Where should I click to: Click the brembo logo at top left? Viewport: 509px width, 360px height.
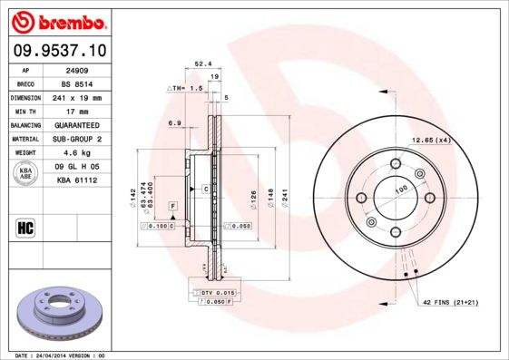pyautogui.click(x=57, y=21)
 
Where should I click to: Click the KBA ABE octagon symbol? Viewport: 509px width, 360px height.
pyautogui.click(x=27, y=174)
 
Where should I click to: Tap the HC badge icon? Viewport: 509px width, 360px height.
pyautogui.click(x=26, y=227)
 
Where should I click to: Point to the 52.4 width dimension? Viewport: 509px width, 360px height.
pyautogui.click(x=203, y=64)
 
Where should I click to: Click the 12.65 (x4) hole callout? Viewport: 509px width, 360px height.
pyautogui.click(x=431, y=140)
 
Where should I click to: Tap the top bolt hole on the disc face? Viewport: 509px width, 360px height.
pyautogui.click(x=396, y=163)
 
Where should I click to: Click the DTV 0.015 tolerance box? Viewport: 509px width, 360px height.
pyautogui.click(x=217, y=294)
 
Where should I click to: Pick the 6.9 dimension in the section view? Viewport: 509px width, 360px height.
pyautogui.click(x=174, y=122)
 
